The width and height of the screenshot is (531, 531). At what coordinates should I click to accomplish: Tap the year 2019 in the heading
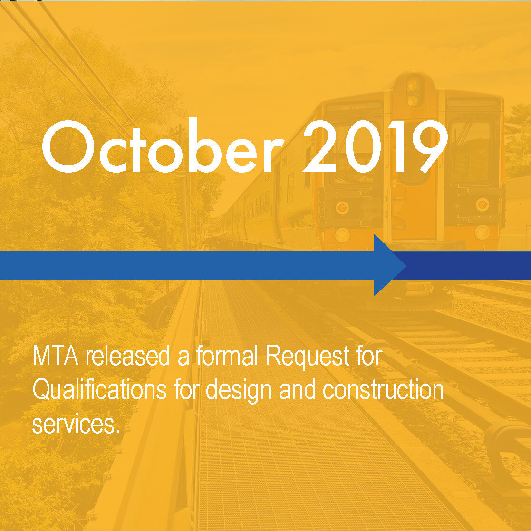(375, 146)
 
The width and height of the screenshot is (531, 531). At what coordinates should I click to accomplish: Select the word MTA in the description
(56, 356)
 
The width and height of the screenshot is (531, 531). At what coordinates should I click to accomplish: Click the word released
(127, 356)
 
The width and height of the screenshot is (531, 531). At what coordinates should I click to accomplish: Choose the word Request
(308, 358)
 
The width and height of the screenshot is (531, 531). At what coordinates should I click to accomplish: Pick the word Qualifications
(99, 390)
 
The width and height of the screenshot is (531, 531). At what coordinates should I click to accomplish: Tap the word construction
(383, 390)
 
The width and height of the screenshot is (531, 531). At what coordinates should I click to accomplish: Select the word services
(76, 424)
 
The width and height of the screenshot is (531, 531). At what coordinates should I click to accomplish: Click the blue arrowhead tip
(405, 265)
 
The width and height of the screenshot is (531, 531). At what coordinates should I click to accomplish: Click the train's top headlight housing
(414, 90)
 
